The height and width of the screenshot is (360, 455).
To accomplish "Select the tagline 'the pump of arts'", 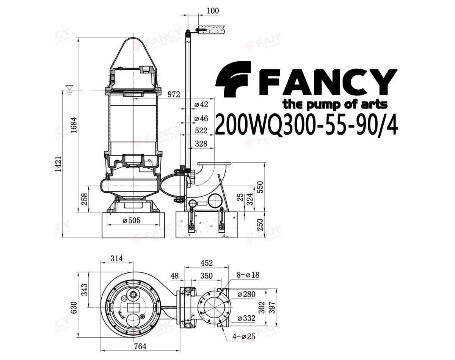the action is click(335, 105).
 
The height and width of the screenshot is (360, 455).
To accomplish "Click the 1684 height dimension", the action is click(74, 125).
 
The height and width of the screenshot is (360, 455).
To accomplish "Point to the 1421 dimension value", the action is click(58, 164).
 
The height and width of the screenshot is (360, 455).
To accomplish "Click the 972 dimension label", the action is click(174, 94).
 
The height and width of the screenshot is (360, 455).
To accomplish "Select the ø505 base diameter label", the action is click(132, 221).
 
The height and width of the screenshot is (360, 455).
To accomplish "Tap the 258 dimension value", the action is click(84, 199).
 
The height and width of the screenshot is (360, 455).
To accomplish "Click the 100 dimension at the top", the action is click(213, 11).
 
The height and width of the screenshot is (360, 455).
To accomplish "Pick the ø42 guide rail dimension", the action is click(201, 105).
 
